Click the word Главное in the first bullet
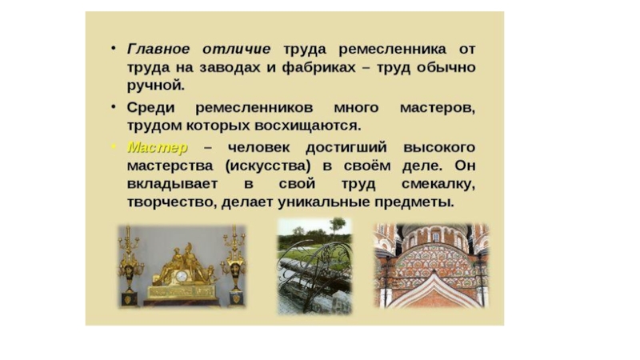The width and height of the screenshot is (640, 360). click(x=158, y=49)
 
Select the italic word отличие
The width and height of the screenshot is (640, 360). click(x=236, y=49)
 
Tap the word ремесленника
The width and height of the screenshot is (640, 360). click(x=392, y=50)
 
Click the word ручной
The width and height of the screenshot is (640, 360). click(x=156, y=86)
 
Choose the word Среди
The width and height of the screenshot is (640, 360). click(x=150, y=108)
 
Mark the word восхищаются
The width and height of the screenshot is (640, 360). click(x=308, y=126)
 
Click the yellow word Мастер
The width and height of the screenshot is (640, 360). click(x=158, y=147)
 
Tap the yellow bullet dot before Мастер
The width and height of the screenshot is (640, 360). click(x=114, y=146)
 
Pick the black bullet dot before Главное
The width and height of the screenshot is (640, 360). click(x=114, y=48)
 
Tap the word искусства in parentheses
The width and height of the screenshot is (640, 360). click(x=268, y=166)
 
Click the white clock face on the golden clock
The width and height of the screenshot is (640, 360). click(x=182, y=276)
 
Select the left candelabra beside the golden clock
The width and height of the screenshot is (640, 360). click(x=129, y=266)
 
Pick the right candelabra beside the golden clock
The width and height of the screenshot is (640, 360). click(x=234, y=266)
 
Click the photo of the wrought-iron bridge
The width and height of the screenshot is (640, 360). click(x=314, y=266)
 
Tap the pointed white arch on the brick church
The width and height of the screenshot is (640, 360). click(x=434, y=289)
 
